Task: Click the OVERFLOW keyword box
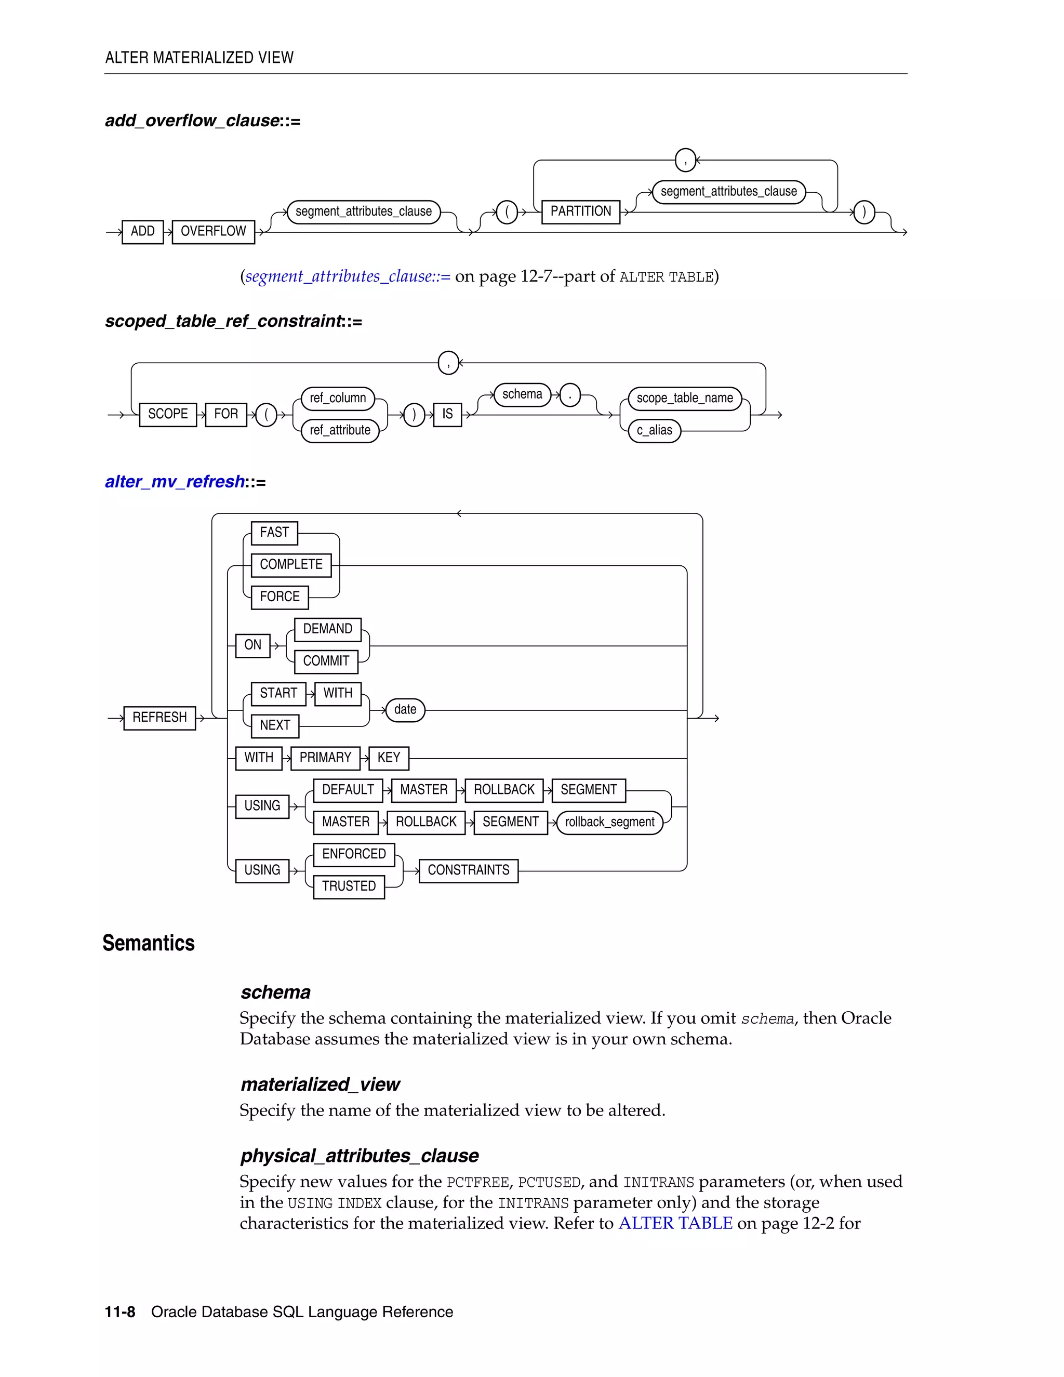[x=213, y=231]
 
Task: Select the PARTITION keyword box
[x=580, y=211]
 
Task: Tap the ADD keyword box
[x=142, y=231]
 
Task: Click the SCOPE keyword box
[x=168, y=414]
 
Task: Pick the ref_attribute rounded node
[x=340, y=431]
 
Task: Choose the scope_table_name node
[x=685, y=399]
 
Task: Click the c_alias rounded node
[x=654, y=431]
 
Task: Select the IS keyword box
[x=447, y=414]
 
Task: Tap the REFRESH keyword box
[x=159, y=718]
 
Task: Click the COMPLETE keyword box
[x=291, y=564]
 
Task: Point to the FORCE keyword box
[x=280, y=597]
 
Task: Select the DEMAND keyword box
[x=328, y=629]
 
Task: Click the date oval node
[x=405, y=709]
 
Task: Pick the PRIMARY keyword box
[x=325, y=757]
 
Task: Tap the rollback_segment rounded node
[x=609, y=822]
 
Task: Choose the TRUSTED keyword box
[x=349, y=886]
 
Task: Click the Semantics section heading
[x=149, y=943]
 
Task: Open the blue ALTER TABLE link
[x=675, y=1223]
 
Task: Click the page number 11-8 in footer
[x=120, y=1312]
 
